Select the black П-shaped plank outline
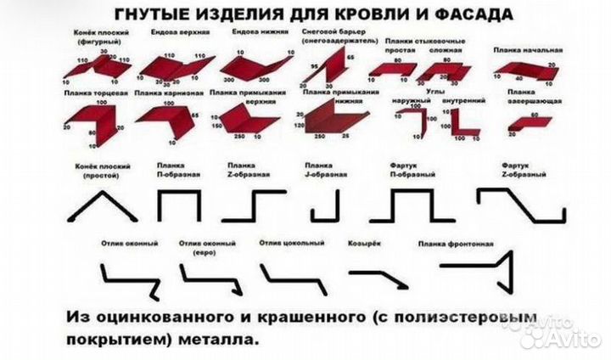coord(179,205)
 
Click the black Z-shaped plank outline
coord(254,205)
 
